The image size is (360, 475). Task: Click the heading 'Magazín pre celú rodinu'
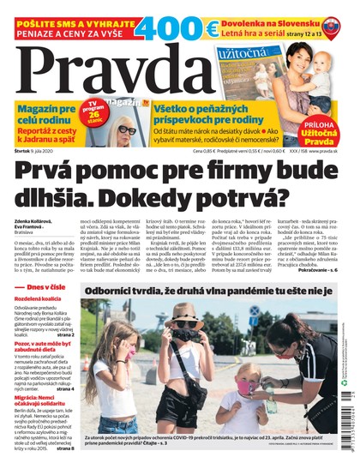[40, 110]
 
